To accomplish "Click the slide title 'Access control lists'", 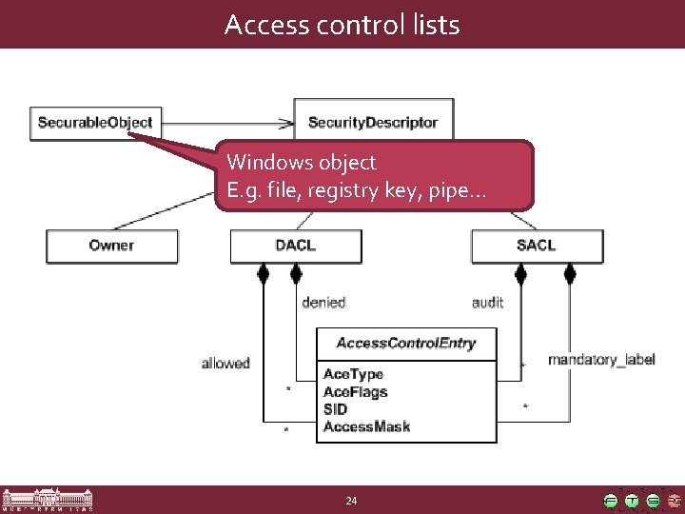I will [x=342, y=25].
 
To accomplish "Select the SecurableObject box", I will [x=95, y=122].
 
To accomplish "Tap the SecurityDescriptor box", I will [x=373, y=122].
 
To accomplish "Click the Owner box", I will [x=111, y=246].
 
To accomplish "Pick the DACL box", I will [x=295, y=246].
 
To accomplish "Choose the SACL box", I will [x=538, y=246].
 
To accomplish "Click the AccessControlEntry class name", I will [x=406, y=344].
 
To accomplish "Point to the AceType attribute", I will [x=353, y=374].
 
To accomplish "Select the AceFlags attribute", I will [x=355, y=391].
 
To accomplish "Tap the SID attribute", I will [x=336, y=409].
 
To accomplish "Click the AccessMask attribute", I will [x=366, y=426].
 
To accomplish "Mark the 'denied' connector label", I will [x=323, y=303].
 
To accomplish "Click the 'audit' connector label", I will [x=487, y=303].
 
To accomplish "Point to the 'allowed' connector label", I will [x=225, y=363].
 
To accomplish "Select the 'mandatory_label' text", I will [x=601, y=360].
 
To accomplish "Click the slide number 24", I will [x=351, y=501].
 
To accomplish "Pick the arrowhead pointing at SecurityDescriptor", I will [x=285, y=122].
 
